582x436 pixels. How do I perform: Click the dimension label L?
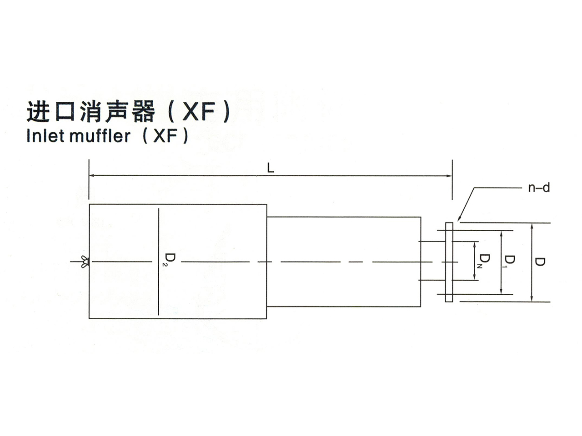pos(271,168)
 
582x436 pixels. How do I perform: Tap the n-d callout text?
pos(539,188)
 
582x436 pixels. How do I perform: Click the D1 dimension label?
pos(510,261)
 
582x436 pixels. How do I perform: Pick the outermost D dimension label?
pos(540,262)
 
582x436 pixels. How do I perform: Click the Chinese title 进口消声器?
pos(90,112)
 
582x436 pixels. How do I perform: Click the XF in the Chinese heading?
pos(198,112)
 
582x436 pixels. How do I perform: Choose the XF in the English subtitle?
pos(165,136)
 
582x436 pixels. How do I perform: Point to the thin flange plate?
pos(449,262)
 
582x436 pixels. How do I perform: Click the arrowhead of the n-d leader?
pos(460,219)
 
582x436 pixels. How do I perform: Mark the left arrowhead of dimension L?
pos(91,175)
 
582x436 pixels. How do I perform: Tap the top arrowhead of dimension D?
pos(532,226)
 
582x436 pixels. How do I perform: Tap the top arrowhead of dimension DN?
pos(475,244)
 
